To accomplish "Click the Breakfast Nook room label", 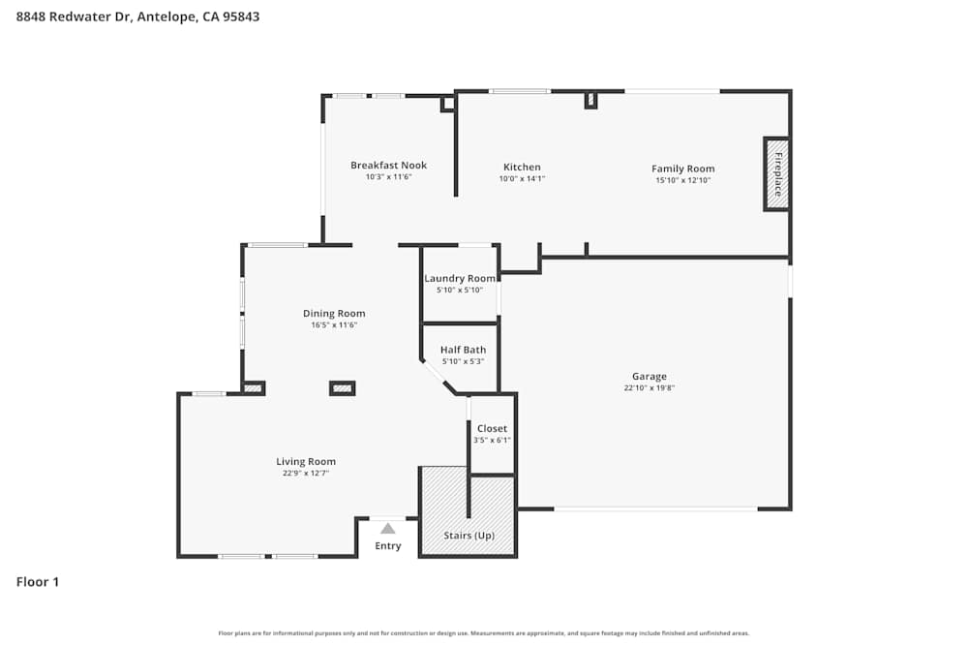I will (x=388, y=166).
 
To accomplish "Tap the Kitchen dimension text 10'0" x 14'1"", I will (x=522, y=179).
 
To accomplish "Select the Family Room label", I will (x=682, y=169).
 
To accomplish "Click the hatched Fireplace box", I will (x=776, y=173).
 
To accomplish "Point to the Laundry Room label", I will (x=460, y=278).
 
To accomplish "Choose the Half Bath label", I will (x=463, y=350).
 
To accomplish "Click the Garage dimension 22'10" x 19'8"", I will (x=649, y=388).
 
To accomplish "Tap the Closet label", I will (x=492, y=428).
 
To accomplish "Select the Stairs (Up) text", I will (x=469, y=536).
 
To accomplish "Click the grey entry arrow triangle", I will (x=388, y=529).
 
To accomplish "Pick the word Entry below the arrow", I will (x=387, y=546).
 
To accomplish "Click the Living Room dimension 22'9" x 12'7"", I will (x=306, y=474).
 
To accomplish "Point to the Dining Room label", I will (x=334, y=313).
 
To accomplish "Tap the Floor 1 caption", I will (x=38, y=582).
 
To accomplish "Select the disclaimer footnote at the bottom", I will (x=483, y=632).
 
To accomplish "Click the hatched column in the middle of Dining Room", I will (x=342, y=388).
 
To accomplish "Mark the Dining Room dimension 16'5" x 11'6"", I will (x=334, y=325).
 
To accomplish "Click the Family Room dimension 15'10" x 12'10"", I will (x=682, y=180).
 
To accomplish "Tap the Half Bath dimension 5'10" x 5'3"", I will (x=463, y=361).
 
